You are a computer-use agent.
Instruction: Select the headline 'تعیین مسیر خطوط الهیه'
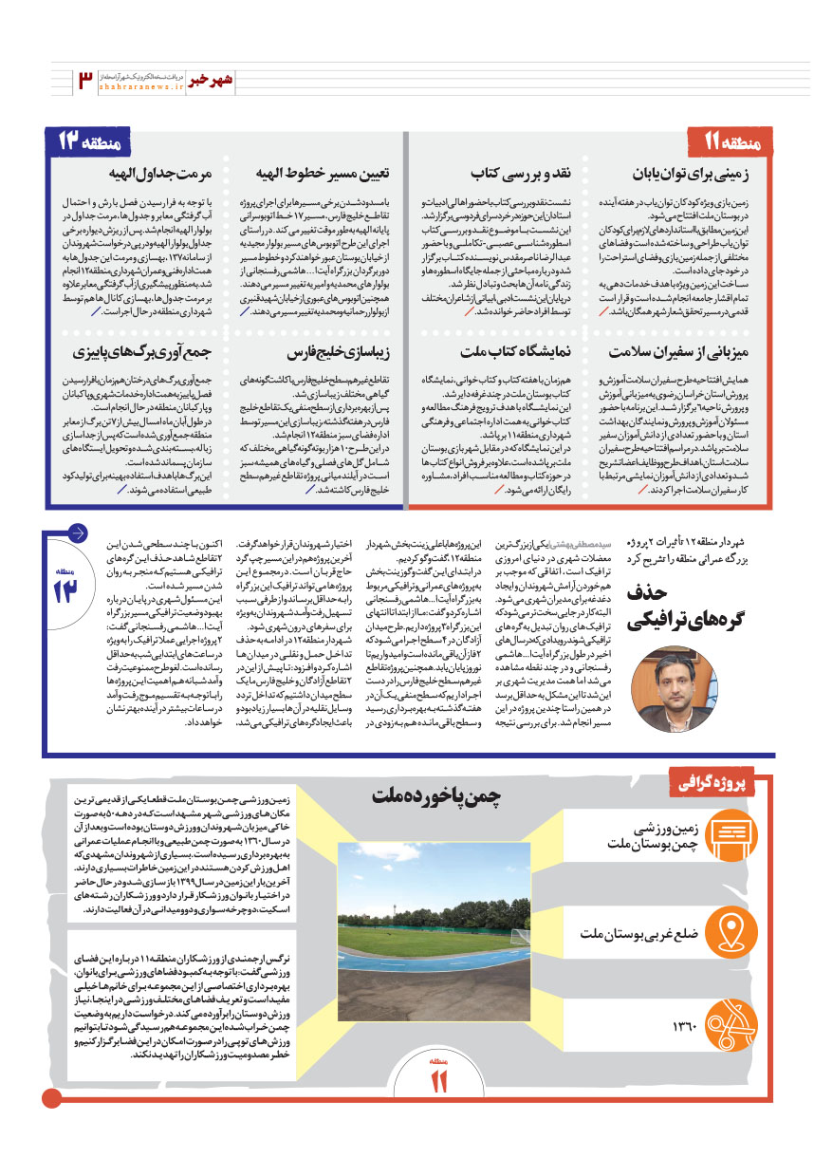(335, 176)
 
